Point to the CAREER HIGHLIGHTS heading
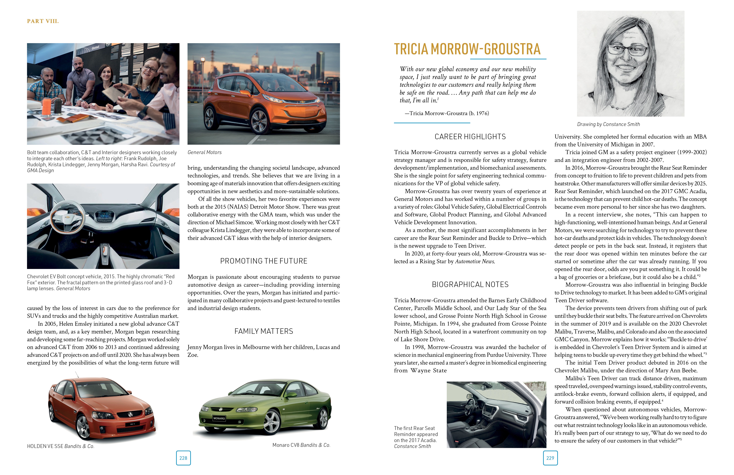[x=470, y=137]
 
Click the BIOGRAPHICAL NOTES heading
[x=470, y=284]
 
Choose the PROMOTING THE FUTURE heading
[x=264, y=261]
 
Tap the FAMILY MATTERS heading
[x=264, y=331]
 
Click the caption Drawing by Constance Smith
[x=608, y=124]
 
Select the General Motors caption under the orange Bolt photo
[x=205, y=152]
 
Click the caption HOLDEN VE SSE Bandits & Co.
[x=60, y=446]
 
